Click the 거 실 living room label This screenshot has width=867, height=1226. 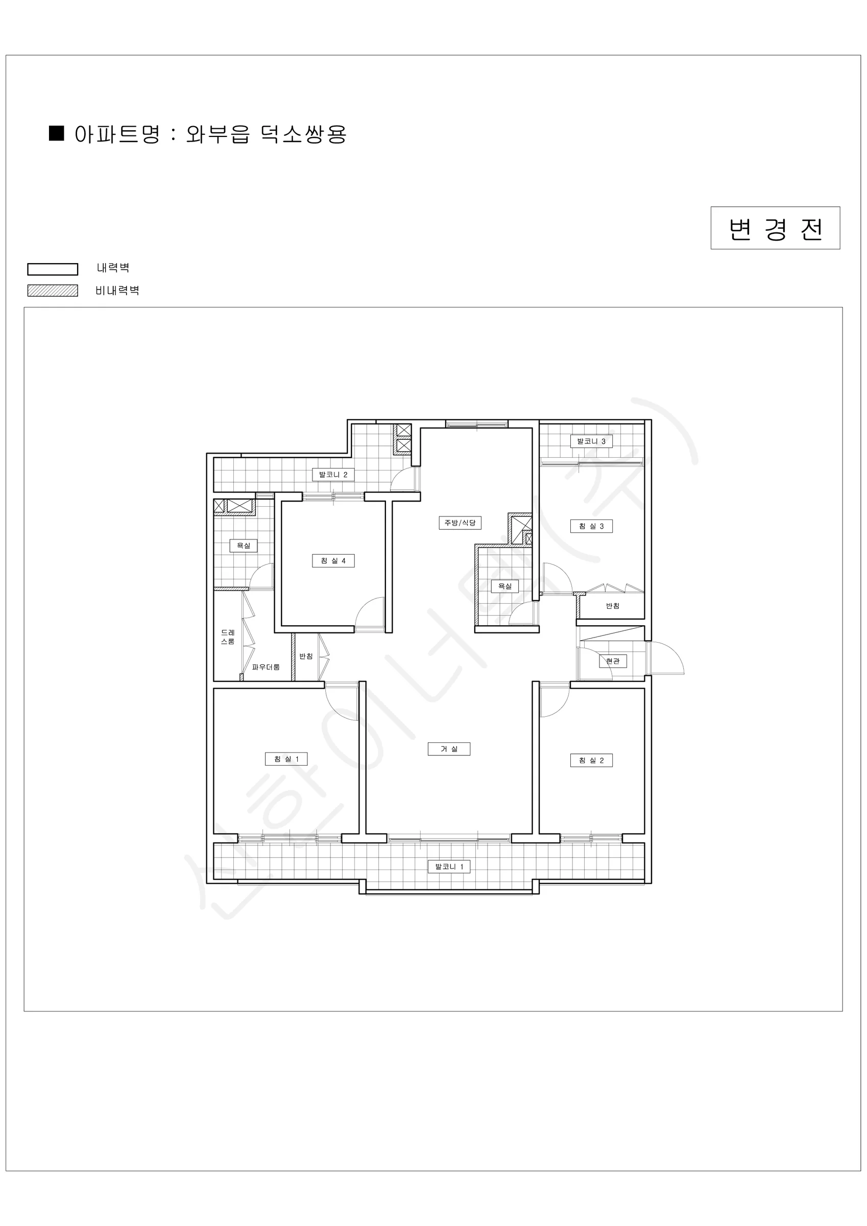tap(449, 749)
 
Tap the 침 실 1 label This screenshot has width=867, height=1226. tap(286, 759)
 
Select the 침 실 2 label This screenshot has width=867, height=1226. tap(591, 761)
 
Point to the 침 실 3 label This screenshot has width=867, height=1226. tap(591, 526)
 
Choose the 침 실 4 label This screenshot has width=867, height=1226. tap(333, 561)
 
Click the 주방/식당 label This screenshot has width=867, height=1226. tap(460, 523)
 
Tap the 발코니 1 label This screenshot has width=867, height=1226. tap(449, 867)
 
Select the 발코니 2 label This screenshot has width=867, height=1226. tap(333, 474)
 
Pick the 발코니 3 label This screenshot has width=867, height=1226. tap(591, 441)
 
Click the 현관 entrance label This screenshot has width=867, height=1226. tap(613, 661)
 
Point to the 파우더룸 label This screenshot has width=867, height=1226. tap(266, 667)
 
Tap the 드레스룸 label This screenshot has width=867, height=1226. tap(228, 637)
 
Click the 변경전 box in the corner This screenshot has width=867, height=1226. tap(775, 228)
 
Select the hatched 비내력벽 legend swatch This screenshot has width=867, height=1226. tap(53, 291)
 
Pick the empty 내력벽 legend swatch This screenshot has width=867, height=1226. tap(53, 269)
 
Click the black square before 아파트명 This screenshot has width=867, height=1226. tap(57, 133)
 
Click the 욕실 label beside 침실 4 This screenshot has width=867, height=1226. tap(244, 546)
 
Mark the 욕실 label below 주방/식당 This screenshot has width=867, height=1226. tap(505, 586)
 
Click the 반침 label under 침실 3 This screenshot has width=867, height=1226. tap(613, 606)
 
